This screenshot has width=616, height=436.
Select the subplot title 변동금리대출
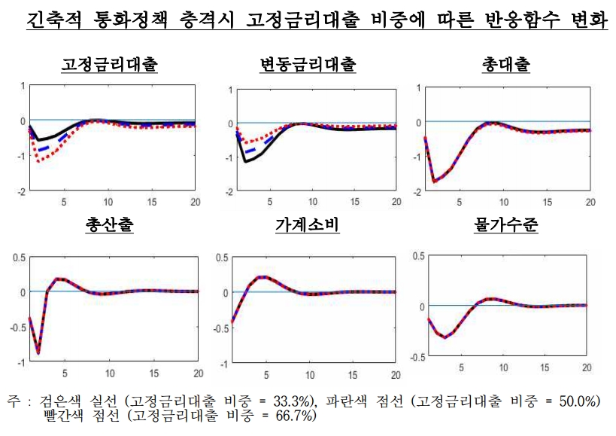click(x=308, y=65)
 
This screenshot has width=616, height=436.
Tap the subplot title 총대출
click(x=505, y=65)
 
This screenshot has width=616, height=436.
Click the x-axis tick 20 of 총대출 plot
click(x=590, y=202)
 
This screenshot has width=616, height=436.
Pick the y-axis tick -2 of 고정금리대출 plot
click(x=22, y=191)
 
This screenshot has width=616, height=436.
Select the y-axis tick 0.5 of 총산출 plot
click(x=18, y=258)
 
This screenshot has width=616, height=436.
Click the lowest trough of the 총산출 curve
click(x=38, y=352)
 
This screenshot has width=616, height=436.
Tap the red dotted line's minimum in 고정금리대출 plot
click(x=38, y=160)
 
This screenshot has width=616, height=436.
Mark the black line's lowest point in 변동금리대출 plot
click(x=246, y=161)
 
